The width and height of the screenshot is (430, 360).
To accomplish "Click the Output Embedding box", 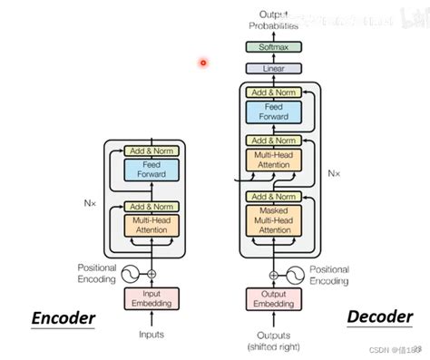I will [274, 298].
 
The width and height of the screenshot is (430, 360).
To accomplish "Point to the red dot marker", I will [203, 63].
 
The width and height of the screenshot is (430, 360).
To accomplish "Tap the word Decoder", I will [377, 316].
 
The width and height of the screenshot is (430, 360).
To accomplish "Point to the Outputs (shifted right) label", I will [274, 340].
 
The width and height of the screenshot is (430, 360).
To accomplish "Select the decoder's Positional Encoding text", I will [328, 275].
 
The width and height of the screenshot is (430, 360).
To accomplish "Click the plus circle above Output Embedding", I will [274, 274].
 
